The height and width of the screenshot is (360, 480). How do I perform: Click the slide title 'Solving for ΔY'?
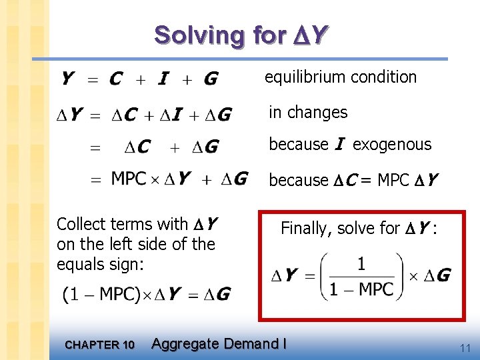point(241,35)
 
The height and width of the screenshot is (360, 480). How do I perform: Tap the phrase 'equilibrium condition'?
point(341,77)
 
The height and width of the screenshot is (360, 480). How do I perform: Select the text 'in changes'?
point(308,112)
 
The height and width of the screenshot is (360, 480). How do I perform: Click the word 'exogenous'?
point(392,144)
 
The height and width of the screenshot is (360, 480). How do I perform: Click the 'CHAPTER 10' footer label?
point(100,345)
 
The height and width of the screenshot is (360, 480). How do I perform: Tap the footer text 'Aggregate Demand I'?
point(219,344)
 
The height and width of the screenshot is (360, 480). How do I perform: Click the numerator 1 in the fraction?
point(361,264)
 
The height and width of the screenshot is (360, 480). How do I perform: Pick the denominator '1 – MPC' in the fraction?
point(361,289)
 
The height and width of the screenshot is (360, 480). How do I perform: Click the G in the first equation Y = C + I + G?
point(211,79)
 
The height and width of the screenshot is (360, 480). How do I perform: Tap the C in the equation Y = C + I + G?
point(115,79)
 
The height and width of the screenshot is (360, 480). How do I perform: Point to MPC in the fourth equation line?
point(129,179)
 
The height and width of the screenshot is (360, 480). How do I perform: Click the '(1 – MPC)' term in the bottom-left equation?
point(99,294)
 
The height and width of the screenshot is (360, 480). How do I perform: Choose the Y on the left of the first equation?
point(67,79)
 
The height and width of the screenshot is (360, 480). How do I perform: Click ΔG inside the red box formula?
point(436,275)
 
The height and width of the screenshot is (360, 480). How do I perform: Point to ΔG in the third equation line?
point(205,146)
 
